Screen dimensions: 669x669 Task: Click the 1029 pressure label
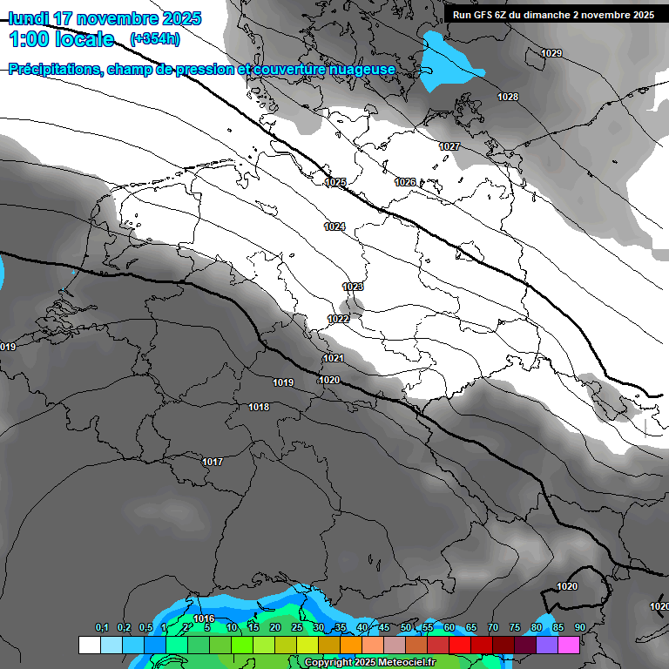coord(551,54)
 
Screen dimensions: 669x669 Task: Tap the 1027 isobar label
coord(449,146)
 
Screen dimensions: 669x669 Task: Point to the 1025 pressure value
coord(335,182)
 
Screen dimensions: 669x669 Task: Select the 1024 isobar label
coord(334,226)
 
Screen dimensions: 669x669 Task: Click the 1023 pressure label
coord(353,287)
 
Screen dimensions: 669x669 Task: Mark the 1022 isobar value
coord(339,319)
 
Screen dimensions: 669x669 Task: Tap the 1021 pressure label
coord(334,358)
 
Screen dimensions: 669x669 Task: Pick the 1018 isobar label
coord(259,407)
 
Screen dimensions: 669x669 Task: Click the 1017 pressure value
coord(213,462)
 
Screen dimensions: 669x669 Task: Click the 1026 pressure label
coord(405,182)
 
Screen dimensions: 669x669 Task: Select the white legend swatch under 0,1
coord(89,645)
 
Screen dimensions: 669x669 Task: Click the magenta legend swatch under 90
coord(569,645)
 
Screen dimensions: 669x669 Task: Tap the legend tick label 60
coord(449,627)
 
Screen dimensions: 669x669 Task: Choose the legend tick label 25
coord(297,627)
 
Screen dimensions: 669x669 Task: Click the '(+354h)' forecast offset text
coord(155,39)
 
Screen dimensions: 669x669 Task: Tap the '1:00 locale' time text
coord(62,39)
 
